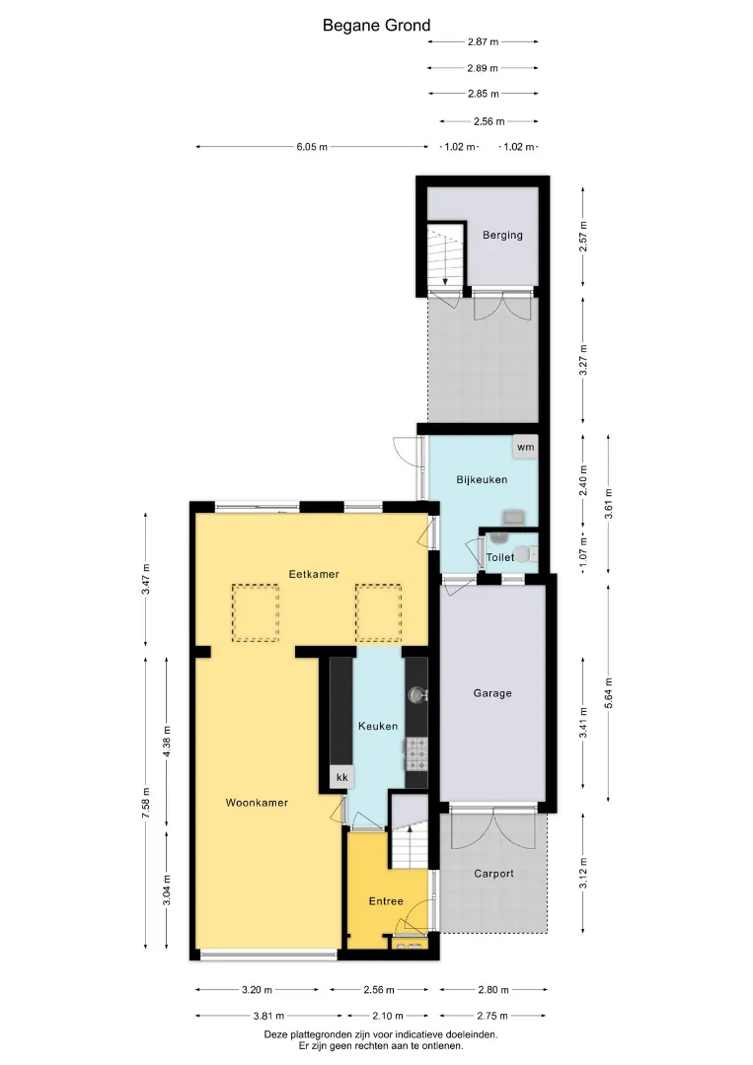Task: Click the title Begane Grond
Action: (x=376, y=26)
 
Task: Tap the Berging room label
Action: (x=503, y=235)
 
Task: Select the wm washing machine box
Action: (x=525, y=447)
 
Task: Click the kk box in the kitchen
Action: (x=341, y=777)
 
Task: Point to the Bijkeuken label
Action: (x=482, y=479)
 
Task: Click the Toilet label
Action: (x=500, y=557)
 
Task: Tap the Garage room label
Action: (x=492, y=693)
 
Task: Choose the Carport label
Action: (x=494, y=874)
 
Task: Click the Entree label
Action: (x=386, y=901)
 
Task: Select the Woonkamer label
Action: (x=257, y=803)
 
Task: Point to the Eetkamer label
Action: (x=314, y=574)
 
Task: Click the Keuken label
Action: (x=378, y=726)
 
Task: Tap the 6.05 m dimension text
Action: (x=312, y=147)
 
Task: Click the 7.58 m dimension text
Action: (x=146, y=803)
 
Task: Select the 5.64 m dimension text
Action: (x=608, y=693)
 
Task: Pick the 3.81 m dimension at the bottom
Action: (x=268, y=1016)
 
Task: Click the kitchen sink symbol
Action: (x=415, y=695)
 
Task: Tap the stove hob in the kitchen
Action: (x=416, y=755)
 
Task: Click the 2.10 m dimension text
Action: (x=388, y=1016)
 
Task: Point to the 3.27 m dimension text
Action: (x=582, y=360)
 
